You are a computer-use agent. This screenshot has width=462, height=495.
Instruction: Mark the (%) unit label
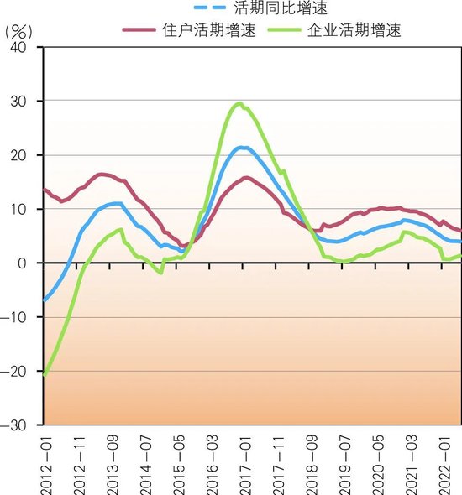pyautogui.click(x=18, y=31)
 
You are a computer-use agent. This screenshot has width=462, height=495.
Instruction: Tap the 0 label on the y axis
pyautogui.click(x=26, y=263)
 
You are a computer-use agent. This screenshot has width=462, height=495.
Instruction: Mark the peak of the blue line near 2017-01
pyautogui.click(x=242, y=148)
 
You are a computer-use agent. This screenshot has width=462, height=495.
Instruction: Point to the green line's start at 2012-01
pyautogui.click(x=44, y=375)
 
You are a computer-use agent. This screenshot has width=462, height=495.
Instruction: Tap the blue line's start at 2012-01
pyautogui.click(x=44, y=300)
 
